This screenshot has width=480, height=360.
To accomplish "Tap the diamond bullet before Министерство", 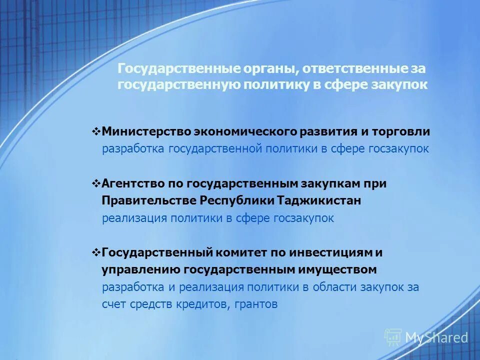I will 96,132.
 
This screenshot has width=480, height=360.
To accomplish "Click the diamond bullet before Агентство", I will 96,183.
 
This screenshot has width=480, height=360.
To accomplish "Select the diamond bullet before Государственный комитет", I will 96,252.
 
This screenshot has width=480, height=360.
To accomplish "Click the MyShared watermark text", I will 436,338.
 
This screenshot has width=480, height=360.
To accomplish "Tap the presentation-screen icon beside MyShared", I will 393,337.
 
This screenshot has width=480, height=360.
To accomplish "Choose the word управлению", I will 141,269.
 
